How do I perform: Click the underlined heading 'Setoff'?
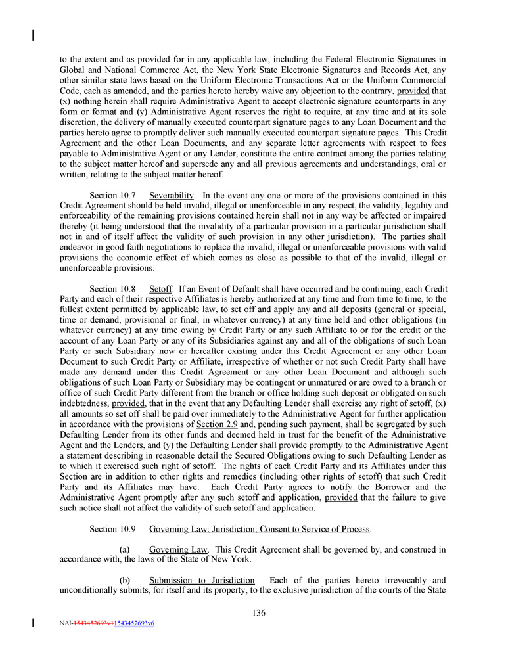pos(160,288)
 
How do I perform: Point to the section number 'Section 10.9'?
pos(112,529)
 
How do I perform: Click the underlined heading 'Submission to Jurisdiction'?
pos(202,580)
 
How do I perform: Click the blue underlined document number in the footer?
pos(134,623)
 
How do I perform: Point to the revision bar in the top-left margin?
pos(34,35)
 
